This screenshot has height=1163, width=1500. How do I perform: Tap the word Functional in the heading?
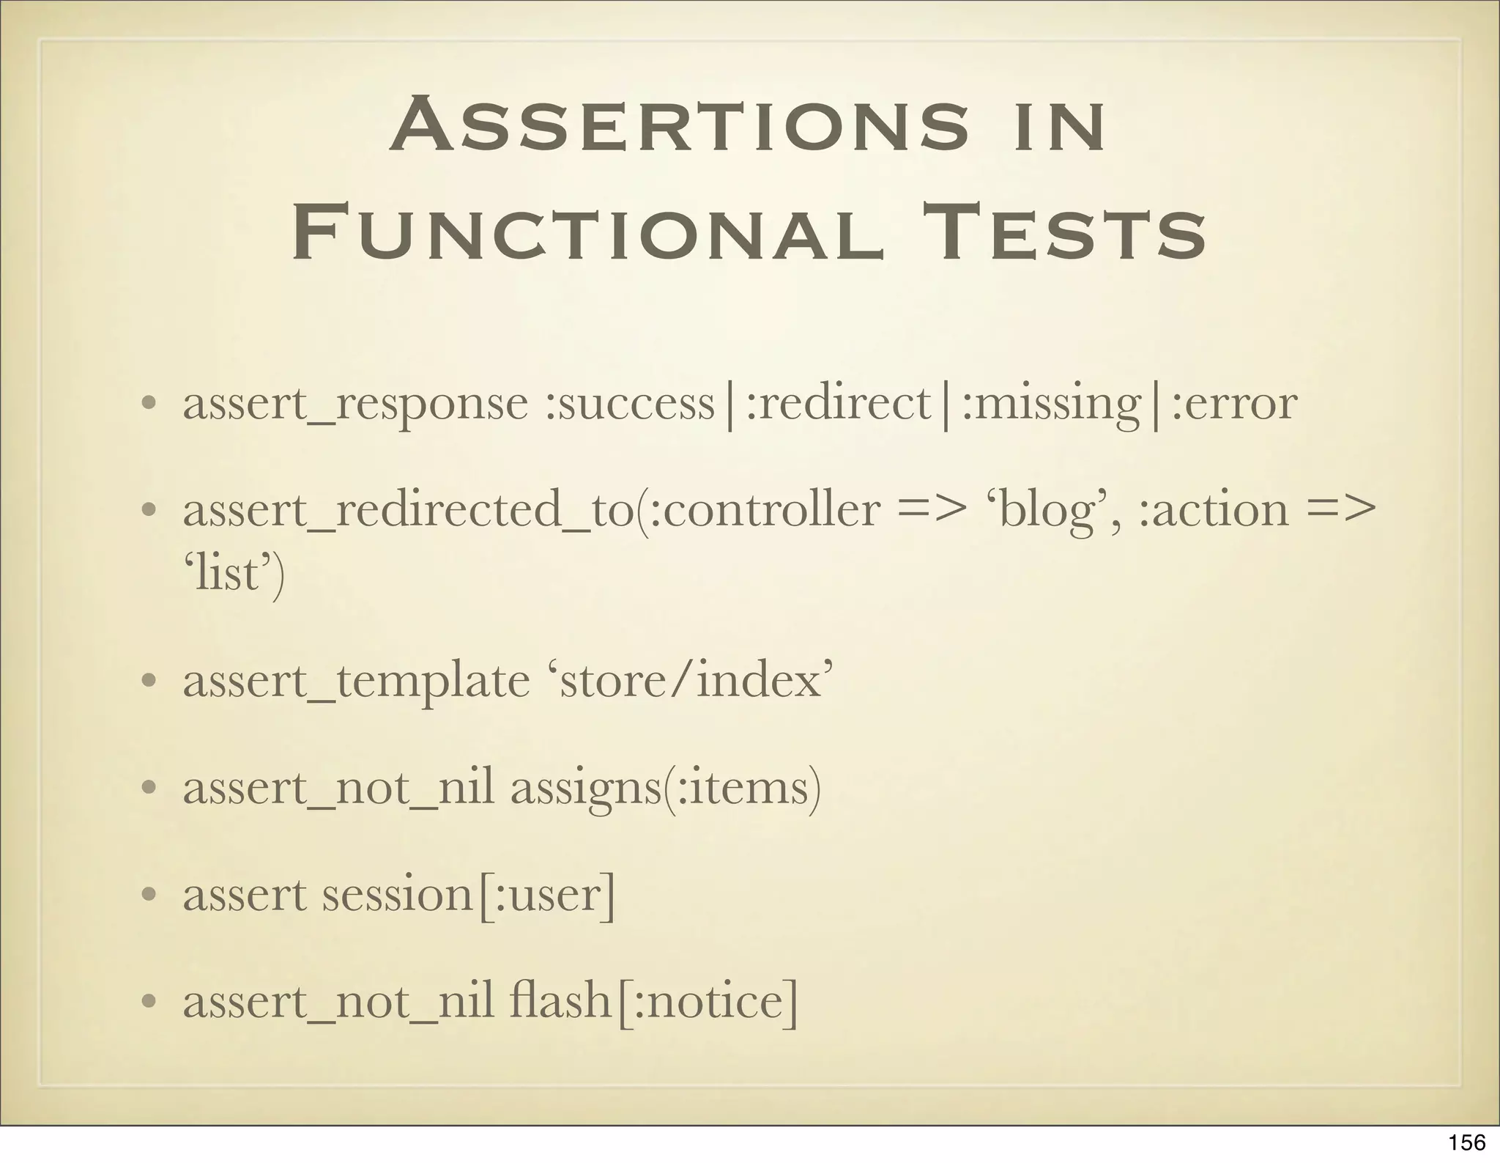coord(587,232)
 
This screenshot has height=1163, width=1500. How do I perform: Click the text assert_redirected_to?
coord(408,511)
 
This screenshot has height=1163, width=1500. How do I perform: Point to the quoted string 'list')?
coord(233,574)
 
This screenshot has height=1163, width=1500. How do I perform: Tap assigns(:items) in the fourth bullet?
coord(665,789)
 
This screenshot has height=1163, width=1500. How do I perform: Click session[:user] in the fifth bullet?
coord(469,896)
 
